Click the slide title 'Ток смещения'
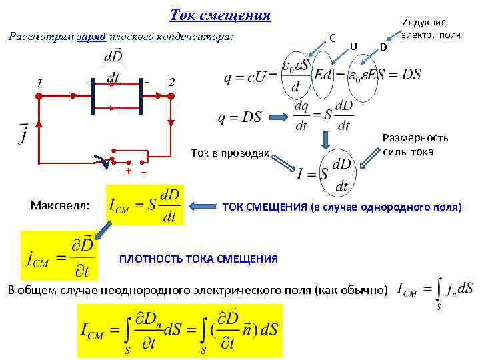pos(221,15)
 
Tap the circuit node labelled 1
pos(39,96)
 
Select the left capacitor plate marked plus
pos(94,95)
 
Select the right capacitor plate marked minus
pos(141,95)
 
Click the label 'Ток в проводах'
pos(229,154)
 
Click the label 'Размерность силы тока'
pos(415,145)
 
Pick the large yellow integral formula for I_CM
pos(180,331)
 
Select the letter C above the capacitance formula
pos(332,37)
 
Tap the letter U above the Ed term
pos(353,45)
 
